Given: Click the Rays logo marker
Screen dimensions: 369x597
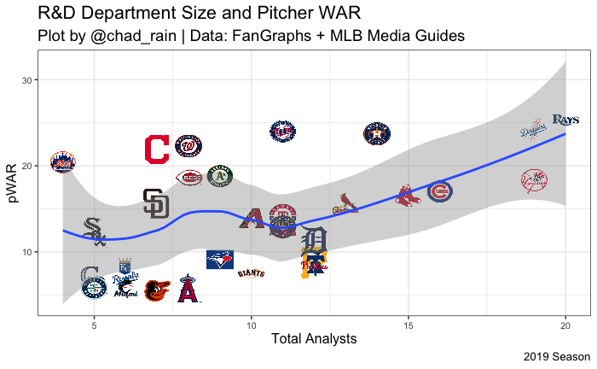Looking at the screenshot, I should [565, 120].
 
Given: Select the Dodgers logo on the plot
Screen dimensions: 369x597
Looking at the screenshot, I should [535, 131].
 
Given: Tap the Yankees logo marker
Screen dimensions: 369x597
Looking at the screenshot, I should [535, 179].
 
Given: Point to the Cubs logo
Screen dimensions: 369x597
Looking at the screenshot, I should [440, 191].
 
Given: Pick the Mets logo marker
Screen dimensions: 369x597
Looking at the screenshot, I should [62, 161].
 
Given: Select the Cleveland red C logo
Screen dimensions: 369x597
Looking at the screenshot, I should [157, 149].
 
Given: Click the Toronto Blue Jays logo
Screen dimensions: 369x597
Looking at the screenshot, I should [220, 260].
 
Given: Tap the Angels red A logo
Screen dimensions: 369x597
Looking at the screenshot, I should [188, 290].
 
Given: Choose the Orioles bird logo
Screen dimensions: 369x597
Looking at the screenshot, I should [157, 291].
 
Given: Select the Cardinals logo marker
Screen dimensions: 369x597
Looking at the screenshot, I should [345, 204].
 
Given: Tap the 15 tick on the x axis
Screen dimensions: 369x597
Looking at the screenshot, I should [409, 325].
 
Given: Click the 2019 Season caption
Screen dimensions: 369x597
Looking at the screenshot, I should [556, 356].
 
